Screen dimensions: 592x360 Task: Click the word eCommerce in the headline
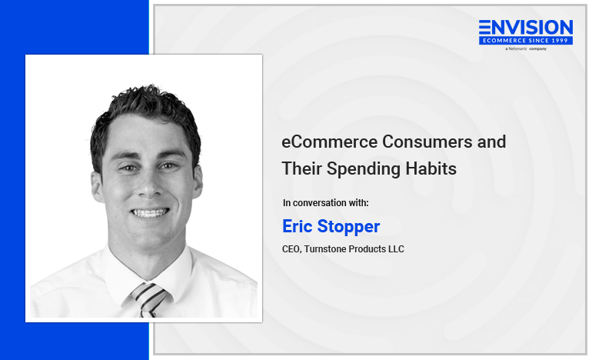tap(330, 142)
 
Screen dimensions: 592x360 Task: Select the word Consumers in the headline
tap(427, 142)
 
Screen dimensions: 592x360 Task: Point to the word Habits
tap(431, 168)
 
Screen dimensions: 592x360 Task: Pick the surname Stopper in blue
tap(348, 227)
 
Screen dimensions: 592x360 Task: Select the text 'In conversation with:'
tap(325, 203)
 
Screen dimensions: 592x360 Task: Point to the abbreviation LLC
tap(395, 249)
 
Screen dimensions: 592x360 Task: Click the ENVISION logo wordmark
tap(526, 28)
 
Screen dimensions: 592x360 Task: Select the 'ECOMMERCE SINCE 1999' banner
tap(526, 41)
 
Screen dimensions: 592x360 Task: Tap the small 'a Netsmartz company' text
tap(526, 48)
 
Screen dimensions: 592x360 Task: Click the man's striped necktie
tap(148, 299)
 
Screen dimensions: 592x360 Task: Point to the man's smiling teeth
tap(149, 213)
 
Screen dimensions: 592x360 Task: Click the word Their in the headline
tap(301, 168)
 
